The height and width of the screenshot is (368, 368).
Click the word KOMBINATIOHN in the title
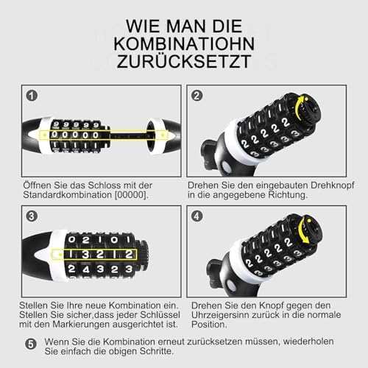184,44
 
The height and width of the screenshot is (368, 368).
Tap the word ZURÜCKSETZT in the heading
184,62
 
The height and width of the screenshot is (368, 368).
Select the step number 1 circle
32,96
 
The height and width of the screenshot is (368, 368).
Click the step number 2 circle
197,96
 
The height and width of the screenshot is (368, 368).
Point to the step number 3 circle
32,216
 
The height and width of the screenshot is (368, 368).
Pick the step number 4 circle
197,216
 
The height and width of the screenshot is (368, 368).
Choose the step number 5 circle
31,344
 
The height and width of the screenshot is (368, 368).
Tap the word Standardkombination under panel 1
68,195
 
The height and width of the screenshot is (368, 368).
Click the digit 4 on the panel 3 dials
86,270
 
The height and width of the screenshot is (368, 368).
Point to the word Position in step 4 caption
209,325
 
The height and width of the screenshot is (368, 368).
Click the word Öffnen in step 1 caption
37,185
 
